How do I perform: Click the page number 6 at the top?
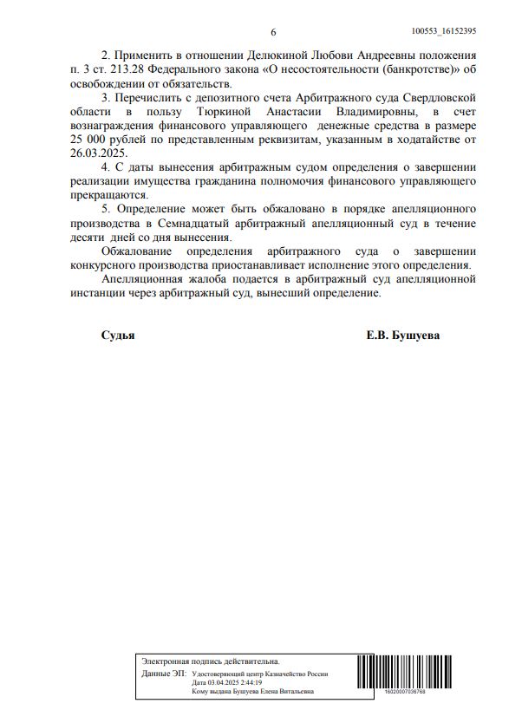tap(273, 32)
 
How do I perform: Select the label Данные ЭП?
tap(162, 673)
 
